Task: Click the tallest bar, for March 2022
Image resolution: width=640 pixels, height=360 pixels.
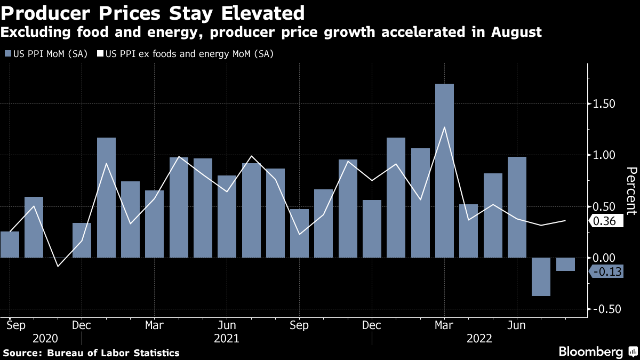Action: pyautogui.click(x=444, y=171)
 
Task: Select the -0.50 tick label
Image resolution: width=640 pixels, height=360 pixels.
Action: pyautogui.click(x=606, y=309)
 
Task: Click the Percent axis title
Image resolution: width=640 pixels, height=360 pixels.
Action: pyautogui.click(x=631, y=190)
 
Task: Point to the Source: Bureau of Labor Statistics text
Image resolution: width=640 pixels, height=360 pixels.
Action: pyautogui.click(x=91, y=353)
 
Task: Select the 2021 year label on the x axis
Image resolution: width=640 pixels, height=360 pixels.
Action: pyautogui.click(x=226, y=338)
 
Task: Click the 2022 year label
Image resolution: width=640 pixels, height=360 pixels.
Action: pyautogui.click(x=479, y=338)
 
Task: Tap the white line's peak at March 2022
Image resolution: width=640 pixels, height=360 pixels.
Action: pyautogui.click(x=444, y=127)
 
